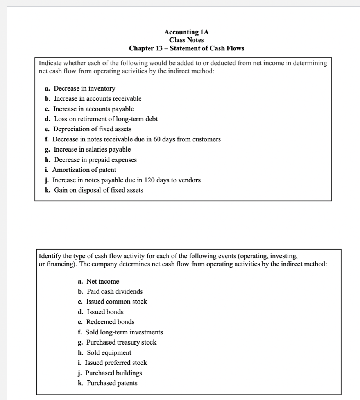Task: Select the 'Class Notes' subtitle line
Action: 186,40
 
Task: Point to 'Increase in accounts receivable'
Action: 97,98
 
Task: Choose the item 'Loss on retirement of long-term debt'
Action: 105,119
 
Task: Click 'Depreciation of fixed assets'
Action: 92,129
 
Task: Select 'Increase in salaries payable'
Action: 92,149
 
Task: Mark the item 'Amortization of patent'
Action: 84,170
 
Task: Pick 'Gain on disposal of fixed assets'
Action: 98,190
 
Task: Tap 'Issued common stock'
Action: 116,302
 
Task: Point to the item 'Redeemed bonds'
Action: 110,322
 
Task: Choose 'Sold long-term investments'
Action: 124,332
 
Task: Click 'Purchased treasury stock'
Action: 121,342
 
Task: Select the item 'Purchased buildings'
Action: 114,373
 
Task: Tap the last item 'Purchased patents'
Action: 112,383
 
